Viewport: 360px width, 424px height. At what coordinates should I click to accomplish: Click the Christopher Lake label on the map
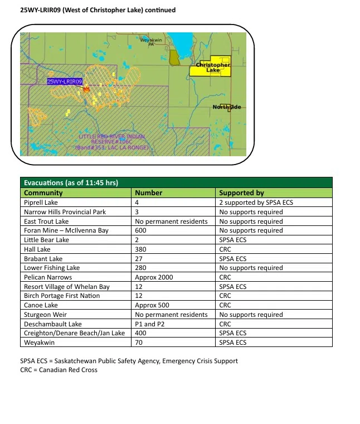[212, 68]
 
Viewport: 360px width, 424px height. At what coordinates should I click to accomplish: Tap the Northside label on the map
[226, 107]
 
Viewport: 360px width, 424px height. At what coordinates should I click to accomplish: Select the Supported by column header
[241, 192]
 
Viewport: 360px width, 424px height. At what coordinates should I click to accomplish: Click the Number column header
[149, 192]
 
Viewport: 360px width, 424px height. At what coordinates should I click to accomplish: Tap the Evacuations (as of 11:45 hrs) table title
[70, 183]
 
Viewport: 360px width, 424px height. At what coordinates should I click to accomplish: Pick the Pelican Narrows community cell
[48, 277]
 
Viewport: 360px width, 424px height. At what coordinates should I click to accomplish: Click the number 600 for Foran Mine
[141, 230]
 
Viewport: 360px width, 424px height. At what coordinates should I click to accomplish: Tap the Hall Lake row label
[37, 249]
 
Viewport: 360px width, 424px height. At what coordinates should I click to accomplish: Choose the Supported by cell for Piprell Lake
[256, 203]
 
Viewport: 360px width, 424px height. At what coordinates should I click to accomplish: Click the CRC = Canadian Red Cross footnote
[59, 370]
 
